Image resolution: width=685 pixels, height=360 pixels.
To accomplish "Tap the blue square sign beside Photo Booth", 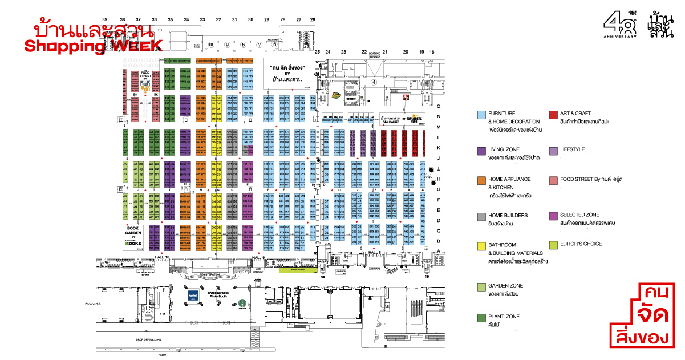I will [193, 297].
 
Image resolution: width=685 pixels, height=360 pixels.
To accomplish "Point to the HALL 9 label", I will [258, 257].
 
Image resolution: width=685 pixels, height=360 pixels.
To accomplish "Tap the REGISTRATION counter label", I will [210, 275].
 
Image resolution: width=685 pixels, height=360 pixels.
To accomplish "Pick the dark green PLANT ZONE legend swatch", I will [481, 317].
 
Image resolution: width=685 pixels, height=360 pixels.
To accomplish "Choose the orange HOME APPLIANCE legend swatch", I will [481, 180].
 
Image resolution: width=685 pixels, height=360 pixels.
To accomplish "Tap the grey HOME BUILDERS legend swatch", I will [481, 216].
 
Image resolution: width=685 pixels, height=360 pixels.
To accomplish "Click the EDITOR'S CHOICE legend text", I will [581, 244].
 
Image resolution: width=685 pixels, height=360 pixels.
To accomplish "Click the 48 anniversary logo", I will [621, 25].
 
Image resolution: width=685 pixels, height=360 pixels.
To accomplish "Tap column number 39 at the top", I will [105, 19].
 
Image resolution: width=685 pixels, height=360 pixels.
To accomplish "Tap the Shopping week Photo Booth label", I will [218, 293].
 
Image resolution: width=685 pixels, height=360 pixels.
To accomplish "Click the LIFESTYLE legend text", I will [573, 149].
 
